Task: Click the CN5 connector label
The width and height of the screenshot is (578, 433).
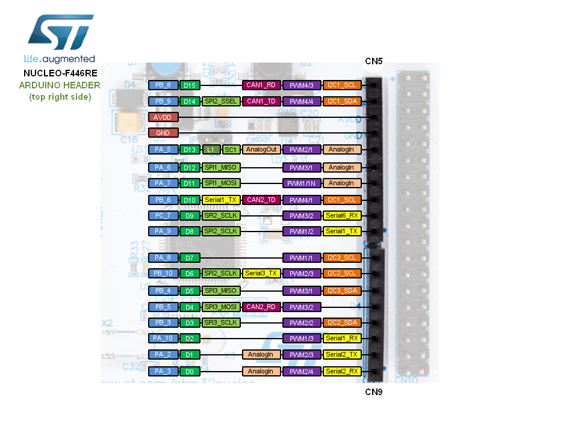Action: [x=373, y=61]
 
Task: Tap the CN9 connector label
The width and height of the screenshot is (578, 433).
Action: [x=373, y=392]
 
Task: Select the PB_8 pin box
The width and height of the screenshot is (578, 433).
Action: [x=163, y=85]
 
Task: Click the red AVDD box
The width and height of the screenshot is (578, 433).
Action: [x=163, y=117]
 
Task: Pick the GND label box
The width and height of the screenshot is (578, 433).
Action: [x=163, y=133]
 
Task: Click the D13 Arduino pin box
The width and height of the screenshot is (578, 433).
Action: [x=190, y=149]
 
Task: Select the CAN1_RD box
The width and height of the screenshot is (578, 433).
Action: [x=262, y=85]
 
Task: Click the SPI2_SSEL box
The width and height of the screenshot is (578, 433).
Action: [x=221, y=101]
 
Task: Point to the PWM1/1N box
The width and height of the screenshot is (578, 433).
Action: [x=302, y=183]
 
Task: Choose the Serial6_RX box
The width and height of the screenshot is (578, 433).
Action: [x=342, y=215]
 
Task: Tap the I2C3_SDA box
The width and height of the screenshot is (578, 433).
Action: [x=342, y=291]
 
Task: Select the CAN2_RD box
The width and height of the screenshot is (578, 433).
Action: [x=262, y=307]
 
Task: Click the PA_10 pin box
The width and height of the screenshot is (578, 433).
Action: [x=163, y=338]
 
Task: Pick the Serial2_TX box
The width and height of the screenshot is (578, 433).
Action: [x=342, y=355]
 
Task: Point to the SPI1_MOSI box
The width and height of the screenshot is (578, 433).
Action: [x=221, y=183]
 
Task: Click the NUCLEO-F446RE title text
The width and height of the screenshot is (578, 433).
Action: [x=60, y=73]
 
